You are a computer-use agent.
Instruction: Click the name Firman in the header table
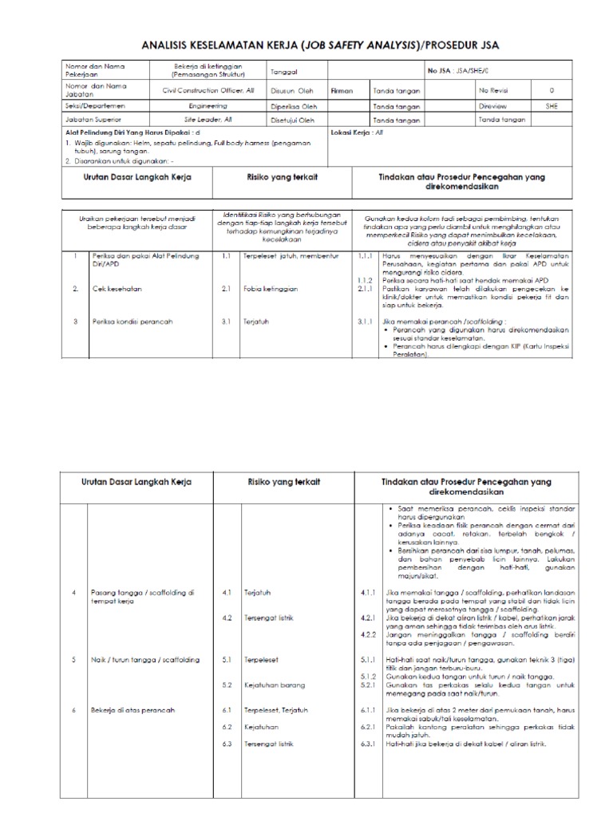[x=341, y=92]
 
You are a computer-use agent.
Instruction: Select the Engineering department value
[x=208, y=105]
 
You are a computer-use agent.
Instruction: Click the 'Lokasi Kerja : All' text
[x=357, y=132]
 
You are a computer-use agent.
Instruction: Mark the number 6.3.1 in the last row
[x=367, y=744]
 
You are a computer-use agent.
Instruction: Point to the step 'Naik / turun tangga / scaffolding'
[x=146, y=660]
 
